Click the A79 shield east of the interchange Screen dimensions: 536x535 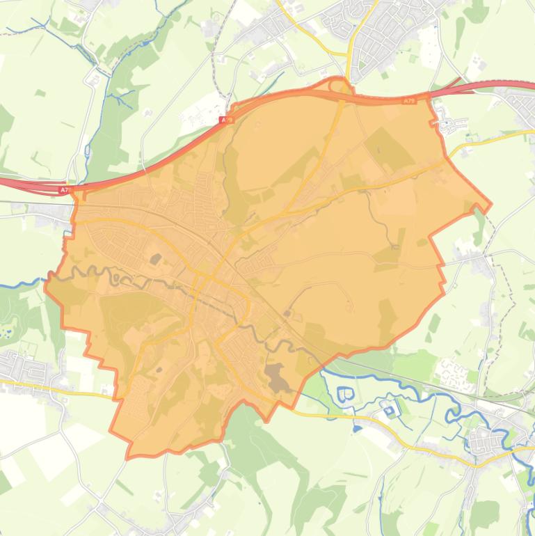[x=408, y=102]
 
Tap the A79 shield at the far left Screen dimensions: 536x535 [x=65, y=189]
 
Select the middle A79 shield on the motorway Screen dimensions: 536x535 [x=225, y=120]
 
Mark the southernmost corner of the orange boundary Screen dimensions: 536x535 [x=128, y=457]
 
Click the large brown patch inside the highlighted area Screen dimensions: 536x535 [x=278, y=375]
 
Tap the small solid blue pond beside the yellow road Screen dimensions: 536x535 [x=357, y=428]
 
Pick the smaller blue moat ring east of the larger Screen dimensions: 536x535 [x=388, y=408]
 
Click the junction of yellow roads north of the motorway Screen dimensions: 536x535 [x=351, y=52]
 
